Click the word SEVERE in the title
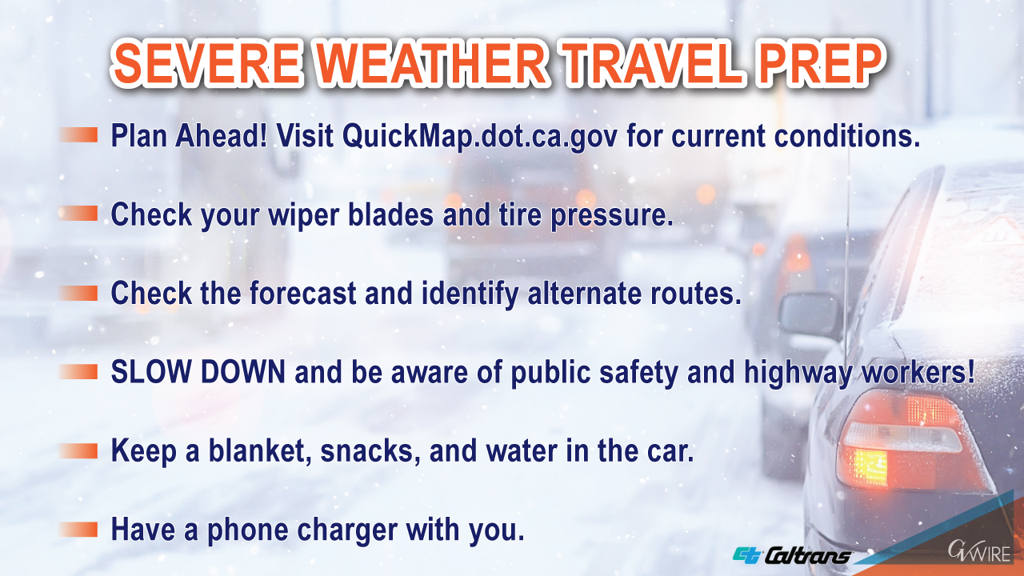(x=207, y=63)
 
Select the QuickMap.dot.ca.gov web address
(x=480, y=136)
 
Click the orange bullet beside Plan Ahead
(x=78, y=135)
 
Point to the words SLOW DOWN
(x=198, y=372)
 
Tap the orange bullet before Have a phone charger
(x=78, y=530)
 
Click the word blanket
(x=260, y=450)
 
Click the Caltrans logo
(x=792, y=555)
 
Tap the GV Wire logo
(x=979, y=552)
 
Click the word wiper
(x=303, y=215)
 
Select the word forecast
(x=302, y=293)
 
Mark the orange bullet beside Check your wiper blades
(x=78, y=213)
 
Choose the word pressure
(x=612, y=216)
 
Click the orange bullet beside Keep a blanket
(x=78, y=450)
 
